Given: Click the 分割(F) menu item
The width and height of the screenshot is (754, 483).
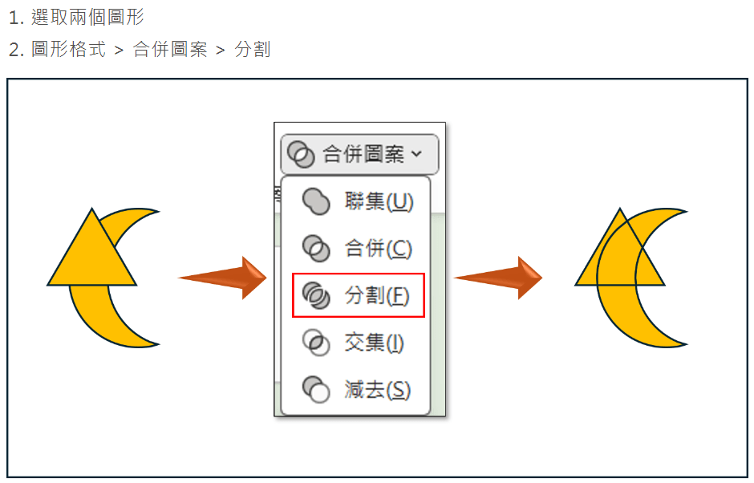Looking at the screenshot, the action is pos(359,295).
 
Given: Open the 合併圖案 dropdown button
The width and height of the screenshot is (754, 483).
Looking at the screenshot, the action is pos(359,154).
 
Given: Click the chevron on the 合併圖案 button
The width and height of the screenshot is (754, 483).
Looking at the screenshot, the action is pos(416,154).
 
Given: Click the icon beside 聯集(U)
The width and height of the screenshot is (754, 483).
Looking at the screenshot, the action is pos(316,201).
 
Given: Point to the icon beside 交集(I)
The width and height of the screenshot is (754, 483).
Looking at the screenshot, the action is pos(316,343).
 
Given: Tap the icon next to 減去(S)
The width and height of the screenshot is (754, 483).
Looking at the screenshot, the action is pos(316,390).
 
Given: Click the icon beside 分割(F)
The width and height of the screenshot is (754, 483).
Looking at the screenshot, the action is pos(316,295).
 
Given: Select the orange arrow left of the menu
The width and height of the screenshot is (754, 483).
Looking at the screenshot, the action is pos(222,278).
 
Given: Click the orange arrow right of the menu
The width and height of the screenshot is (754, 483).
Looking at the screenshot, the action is pos(498,278).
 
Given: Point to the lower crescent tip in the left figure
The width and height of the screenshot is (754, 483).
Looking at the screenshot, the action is pos(159,344).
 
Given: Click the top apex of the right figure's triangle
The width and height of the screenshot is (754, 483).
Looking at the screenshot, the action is pos(620,209).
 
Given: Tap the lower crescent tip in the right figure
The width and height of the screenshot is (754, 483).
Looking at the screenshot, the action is pos(687,344).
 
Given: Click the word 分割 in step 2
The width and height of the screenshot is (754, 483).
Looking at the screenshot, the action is pos(253,49).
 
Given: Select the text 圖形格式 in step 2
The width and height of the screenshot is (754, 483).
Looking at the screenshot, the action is pos(68,49).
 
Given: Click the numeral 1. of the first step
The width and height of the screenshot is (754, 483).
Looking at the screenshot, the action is pos(16,18).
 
